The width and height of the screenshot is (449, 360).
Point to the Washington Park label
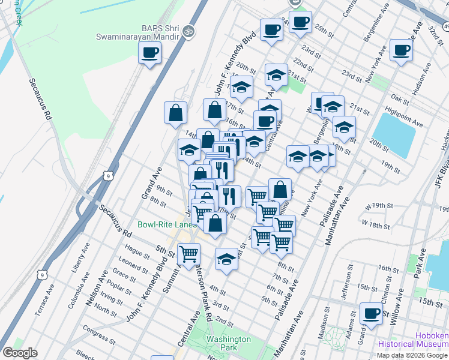(x=228, y=343)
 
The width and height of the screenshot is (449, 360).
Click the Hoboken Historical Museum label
(x=413, y=340)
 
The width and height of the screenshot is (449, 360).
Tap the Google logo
(x=20, y=353)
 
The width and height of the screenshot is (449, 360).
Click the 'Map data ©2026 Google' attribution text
(x=412, y=355)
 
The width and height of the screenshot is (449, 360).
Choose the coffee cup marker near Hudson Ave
(x=401, y=50)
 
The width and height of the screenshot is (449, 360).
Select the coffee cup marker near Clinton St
(x=371, y=313)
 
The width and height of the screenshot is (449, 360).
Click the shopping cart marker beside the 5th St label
(x=189, y=254)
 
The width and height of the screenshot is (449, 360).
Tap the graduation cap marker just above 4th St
(x=226, y=259)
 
